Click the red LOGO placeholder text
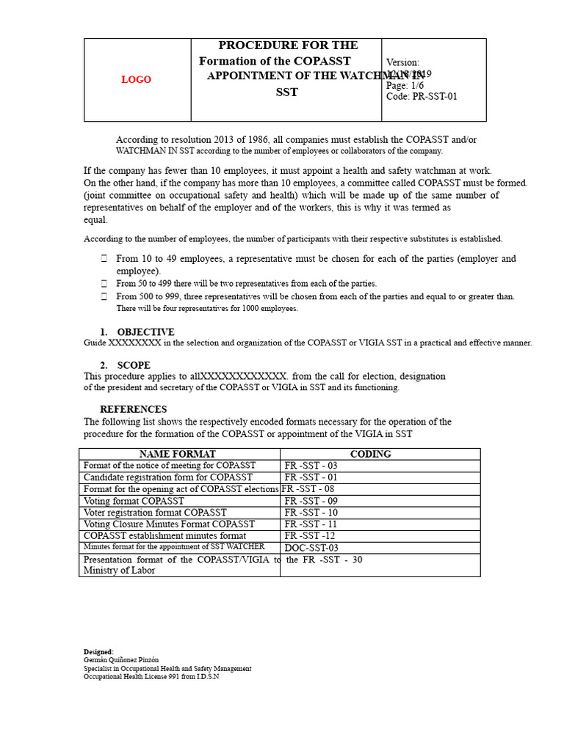pos(136,80)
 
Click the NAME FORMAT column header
pos(178,454)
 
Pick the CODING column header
pos(370,454)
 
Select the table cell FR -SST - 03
pos(311,466)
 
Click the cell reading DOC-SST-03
pos(311,548)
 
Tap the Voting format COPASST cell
pos(134,501)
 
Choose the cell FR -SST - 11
pos(311,524)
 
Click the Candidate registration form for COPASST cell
pos(168,477)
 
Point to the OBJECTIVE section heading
pos(145,332)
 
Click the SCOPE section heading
pos(134,365)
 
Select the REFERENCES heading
pos(133,409)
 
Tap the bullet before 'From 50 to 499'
pos(104,283)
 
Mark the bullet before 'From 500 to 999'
pos(104,297)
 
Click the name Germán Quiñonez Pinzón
pos(121,660)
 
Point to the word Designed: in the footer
pos(99,652)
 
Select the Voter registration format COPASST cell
pos(155,513)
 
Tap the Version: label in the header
pos(402,63)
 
